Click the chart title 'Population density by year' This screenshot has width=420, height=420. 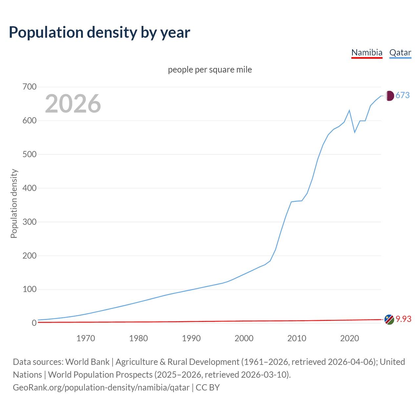(99, 32)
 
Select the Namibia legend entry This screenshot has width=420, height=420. (367, 52)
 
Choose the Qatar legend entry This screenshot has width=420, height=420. (400, 52)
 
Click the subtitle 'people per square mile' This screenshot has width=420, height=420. (210, 70)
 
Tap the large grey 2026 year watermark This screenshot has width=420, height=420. (73, 104)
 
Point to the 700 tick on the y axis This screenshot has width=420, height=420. (30, 87)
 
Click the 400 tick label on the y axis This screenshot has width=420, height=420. (30, 188)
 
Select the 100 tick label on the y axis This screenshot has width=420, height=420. (30, 289)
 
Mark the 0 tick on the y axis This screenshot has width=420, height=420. (34, 323)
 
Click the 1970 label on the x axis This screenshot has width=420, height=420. (86, 338)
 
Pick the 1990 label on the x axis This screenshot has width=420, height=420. (191, 338)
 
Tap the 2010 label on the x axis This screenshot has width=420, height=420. (297, 338)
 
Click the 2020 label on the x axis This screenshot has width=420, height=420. (349, 338)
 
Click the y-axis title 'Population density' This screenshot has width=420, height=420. (14, 203)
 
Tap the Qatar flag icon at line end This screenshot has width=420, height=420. (389, 95)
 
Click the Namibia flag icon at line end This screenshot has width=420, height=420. (389, 319)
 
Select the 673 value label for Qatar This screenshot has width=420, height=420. (403, 95)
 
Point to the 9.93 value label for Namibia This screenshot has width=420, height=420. (404, 319)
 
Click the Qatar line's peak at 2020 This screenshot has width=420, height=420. (349, 110)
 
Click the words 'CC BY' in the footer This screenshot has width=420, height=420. (208, 388)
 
